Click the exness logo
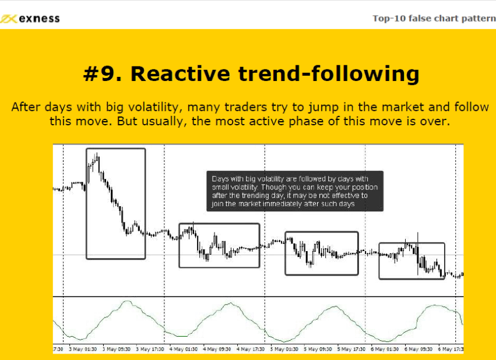[x=30, y=19]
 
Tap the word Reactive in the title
[x=180, y=73]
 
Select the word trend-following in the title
[x=329, y=74]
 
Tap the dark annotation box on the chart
[x=295, y=191]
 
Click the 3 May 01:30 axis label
[x=83, y=349]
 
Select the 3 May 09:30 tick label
[x=117, y=349]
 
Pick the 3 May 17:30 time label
[x=150, y=349]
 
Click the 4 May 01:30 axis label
[x=184, y=349]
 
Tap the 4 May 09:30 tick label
[x=217, y=349]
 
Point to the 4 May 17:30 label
[x=251, y=349]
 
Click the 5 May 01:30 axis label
[x=284, y=349]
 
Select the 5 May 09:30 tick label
[x=318, y=349]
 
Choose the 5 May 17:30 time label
[x=351, y=349]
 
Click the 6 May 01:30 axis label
[x=385, y=349]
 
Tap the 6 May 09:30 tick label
[x=418, y=349]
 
